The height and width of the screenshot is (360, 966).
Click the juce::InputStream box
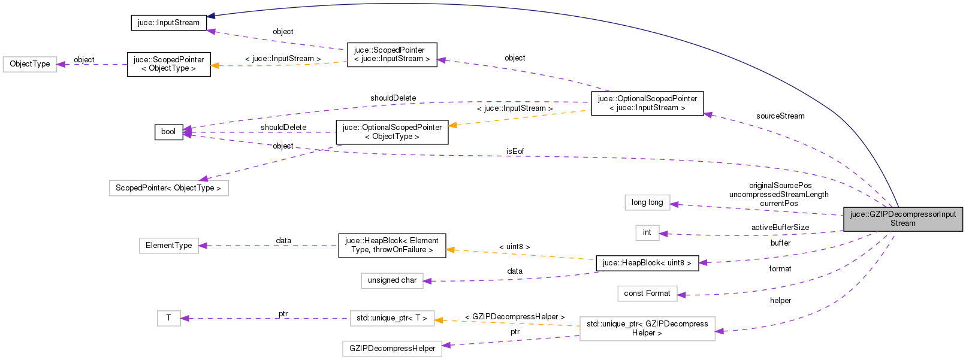point(168,23)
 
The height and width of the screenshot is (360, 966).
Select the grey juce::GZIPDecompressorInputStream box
point(902,219)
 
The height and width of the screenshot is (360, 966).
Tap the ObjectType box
point(30,64)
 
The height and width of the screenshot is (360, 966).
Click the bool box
point(168,132)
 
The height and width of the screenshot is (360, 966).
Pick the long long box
point(647,202)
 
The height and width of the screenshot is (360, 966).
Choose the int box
point(647,232)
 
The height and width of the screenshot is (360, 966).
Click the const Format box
point(647,294)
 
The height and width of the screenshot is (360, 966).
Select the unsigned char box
point(392,280)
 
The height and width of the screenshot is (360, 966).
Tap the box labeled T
point(168,318)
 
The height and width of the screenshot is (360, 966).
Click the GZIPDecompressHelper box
point(392,349)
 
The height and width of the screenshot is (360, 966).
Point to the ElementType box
point(168,246)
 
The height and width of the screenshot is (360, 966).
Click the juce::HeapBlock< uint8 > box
point(647,263)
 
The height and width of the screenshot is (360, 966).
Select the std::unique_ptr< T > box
point(392,318)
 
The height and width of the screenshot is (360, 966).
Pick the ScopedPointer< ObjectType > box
point(168,188)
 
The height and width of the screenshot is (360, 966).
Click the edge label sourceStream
point(780,116)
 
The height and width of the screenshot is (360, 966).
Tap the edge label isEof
point(515,152)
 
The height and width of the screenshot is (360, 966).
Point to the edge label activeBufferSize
point(780,228)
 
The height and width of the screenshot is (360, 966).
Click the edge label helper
point(780,301)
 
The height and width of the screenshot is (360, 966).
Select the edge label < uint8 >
point(515,247)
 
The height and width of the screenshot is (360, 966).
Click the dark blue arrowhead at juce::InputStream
point(212,16)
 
